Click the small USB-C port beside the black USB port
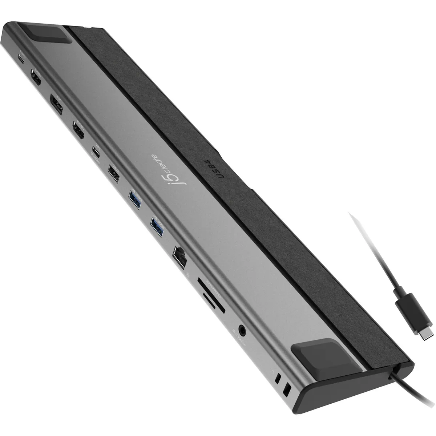[96, 150]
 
